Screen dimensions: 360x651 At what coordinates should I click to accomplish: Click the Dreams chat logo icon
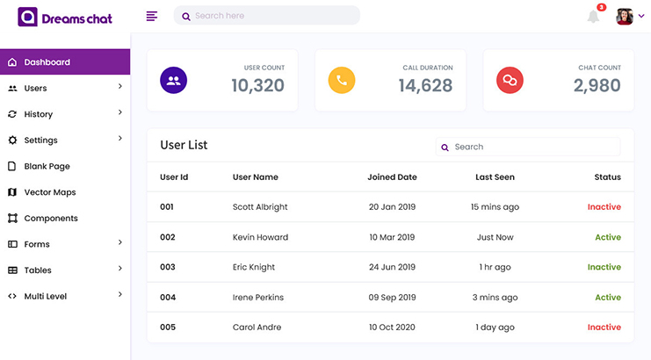28,17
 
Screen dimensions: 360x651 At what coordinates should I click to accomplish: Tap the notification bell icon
594,16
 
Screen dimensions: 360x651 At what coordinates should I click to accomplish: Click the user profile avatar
625,16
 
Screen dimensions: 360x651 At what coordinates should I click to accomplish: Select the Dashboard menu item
47,62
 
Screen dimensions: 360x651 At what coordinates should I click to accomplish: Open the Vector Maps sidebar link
49,192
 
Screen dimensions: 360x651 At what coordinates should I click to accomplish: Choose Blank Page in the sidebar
47,166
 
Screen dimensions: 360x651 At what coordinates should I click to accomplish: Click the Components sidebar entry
50,218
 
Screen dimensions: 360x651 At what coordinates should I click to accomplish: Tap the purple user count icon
173,81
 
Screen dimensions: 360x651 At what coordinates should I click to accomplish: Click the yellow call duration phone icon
341,81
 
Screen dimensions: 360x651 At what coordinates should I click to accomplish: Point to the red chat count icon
510,81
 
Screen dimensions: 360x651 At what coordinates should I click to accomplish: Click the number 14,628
425,85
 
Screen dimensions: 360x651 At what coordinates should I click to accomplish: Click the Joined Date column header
392,176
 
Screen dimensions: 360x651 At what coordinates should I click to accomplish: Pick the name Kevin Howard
260,237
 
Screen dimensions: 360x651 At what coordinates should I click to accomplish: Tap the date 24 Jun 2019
392,267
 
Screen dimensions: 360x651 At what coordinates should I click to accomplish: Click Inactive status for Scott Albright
604,207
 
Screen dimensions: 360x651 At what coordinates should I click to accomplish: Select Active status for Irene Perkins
607,297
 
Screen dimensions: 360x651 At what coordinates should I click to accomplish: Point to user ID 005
168,328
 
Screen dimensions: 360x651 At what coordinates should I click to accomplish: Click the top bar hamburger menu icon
152,16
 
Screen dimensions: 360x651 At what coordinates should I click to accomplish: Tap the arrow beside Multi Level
120,296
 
